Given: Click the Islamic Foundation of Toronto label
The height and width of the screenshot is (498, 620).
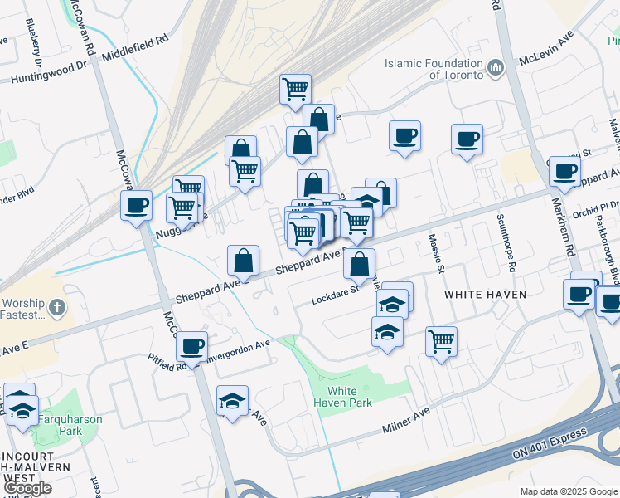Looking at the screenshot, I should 434,69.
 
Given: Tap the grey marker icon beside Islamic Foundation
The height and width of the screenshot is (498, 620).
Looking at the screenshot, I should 496,68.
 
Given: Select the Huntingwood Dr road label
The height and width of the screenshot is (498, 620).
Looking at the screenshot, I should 50,76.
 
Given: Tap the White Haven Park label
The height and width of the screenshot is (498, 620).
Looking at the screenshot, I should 342,397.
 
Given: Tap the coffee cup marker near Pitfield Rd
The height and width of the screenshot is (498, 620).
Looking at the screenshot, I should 192,347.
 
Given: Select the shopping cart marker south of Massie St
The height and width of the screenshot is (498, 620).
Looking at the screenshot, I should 442,340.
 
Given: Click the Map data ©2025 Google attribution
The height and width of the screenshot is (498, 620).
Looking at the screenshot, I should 568,491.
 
